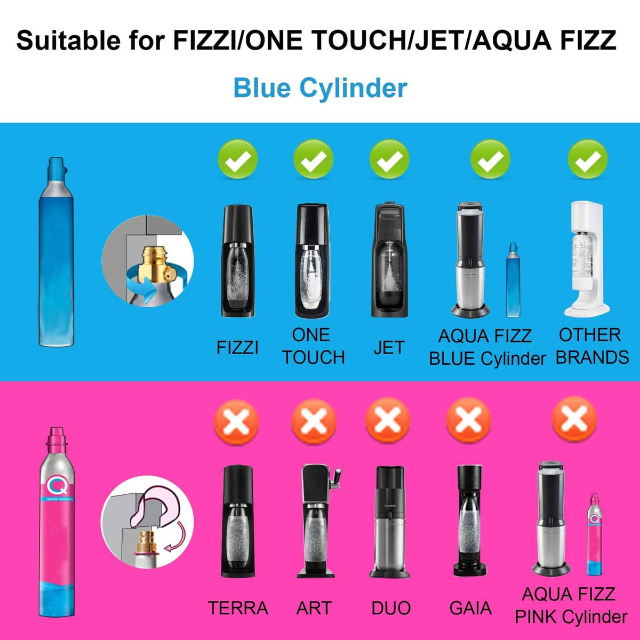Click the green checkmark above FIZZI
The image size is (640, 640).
click(237, 159)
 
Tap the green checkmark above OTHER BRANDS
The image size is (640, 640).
click(588, 159)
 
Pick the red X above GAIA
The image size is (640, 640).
click(468, 421)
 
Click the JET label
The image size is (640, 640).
click(389, 348)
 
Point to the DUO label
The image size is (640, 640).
click(391, 608)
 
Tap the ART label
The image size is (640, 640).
click(314, 608)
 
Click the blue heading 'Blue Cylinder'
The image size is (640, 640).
click(320, 88)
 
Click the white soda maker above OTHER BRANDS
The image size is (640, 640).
click(587, 259)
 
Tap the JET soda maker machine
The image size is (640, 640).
click(389, 259)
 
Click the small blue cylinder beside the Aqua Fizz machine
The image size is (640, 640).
click(513, 280)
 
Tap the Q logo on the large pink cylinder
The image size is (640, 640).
click(58, 485)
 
